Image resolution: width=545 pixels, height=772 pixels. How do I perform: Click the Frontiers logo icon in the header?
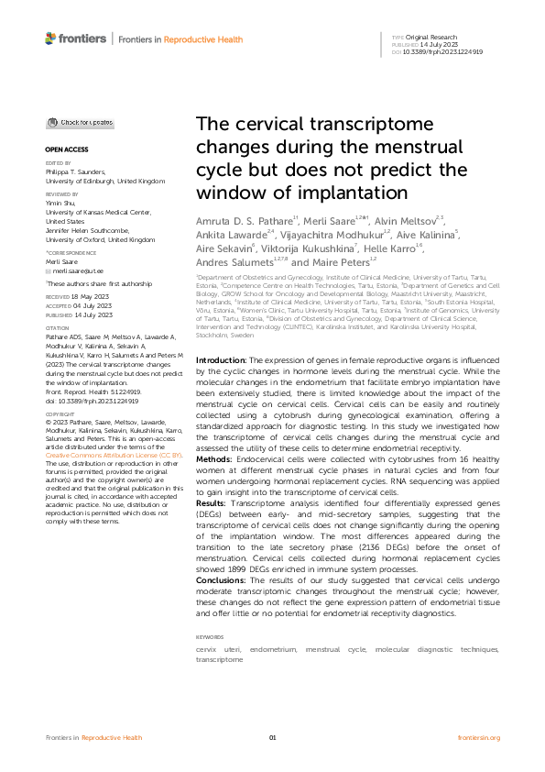[50, 38]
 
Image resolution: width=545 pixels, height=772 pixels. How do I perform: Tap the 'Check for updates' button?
[81, 122]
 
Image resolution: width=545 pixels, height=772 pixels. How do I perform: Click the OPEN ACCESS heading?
[65, 149]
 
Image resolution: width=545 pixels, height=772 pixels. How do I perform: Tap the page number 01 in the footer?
[272, 737]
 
